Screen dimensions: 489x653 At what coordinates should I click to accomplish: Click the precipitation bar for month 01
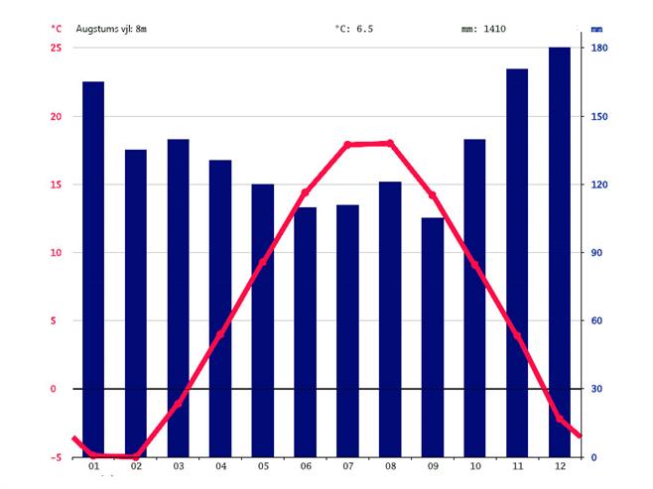point(93,268)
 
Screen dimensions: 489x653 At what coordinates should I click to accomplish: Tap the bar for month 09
point(433,337)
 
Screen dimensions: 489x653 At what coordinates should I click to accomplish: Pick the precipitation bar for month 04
point(220,307)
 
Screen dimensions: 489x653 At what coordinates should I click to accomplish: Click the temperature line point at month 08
point(390,143)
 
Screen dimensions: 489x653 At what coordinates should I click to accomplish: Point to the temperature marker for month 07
point(347,145)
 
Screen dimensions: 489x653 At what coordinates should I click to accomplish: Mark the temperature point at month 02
point(136,456)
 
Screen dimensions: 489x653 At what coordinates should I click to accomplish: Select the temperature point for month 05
point(263,263)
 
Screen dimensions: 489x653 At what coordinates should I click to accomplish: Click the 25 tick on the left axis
point(57,48)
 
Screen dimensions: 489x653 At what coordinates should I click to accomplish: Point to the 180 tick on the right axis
point(599,48)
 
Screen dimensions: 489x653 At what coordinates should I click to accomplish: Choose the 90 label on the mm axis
point(599,253)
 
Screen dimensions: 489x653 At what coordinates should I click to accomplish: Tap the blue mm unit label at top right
point(596,29)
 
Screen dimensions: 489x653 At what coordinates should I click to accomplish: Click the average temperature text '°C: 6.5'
point(355,29)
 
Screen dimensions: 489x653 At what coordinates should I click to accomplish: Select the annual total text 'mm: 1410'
point(483,29)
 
